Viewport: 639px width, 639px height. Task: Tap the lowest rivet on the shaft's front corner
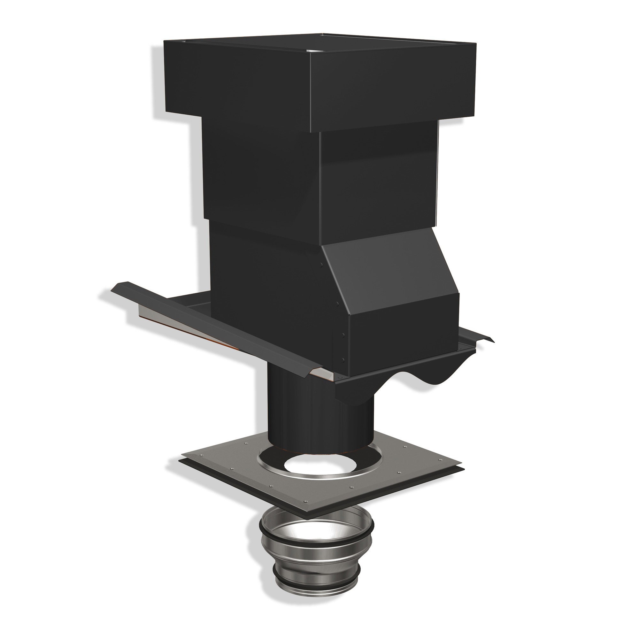click(343, 359)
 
